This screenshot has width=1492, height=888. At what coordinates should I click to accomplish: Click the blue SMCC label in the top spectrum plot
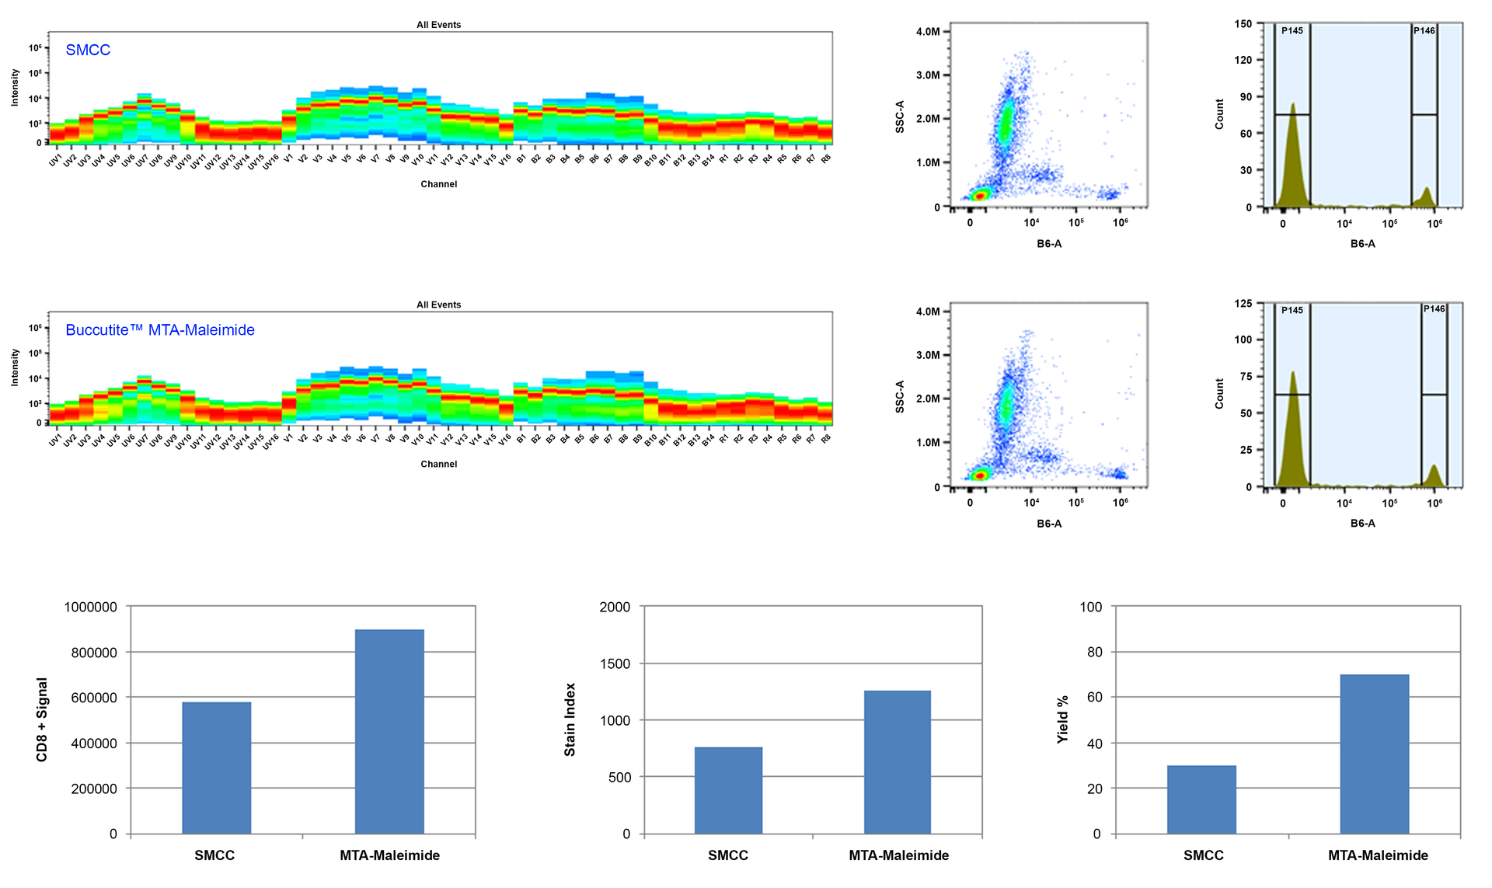click(88, 50)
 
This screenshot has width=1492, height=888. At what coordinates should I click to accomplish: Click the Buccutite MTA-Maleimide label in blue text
click(160, 329)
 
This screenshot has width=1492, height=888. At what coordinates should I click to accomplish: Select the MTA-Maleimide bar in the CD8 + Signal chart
click(389, 731)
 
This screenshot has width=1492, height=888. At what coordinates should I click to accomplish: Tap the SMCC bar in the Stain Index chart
click(728, 790)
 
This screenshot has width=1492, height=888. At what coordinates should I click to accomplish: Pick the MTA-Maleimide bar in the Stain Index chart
click(898, 761)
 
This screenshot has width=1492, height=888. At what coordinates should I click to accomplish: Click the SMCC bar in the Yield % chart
click(1201, 799)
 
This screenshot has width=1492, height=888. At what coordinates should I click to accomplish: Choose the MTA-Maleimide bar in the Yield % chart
click(1374, 754)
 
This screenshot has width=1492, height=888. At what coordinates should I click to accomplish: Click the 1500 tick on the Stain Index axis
click(615, 663)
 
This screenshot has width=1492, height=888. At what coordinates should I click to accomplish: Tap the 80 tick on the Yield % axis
click(1094, 652)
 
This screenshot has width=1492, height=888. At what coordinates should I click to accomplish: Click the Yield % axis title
click(1062, 719)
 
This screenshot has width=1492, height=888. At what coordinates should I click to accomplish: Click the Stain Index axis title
click(570, 719)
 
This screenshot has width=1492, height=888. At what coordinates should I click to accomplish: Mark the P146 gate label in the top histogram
click(1424, 30)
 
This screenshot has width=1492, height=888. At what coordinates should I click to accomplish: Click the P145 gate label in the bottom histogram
click(1292, 310)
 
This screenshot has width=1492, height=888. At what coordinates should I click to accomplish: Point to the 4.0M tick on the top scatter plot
click(928, 32)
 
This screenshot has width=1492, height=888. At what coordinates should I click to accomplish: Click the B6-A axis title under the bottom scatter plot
click(1049, 524)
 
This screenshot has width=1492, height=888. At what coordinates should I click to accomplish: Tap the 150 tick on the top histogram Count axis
click(1243, 24)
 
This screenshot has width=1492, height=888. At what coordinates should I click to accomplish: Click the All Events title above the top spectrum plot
click(438, 25)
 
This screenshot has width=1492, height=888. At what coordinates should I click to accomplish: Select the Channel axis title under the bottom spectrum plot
click(438, 464)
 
